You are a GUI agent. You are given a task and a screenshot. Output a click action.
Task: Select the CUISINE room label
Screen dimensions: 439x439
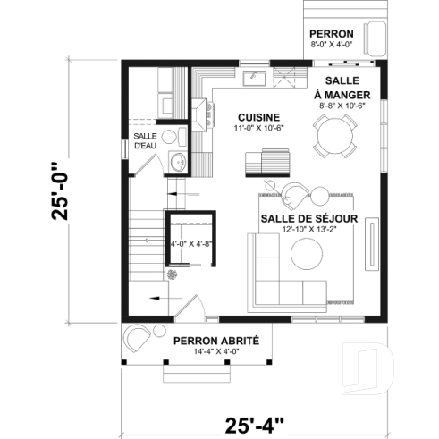(259, 117)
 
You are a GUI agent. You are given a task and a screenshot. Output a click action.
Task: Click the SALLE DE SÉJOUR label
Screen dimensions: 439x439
(309, 218)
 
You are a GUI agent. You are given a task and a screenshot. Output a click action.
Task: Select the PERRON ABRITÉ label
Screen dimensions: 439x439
(216, 341)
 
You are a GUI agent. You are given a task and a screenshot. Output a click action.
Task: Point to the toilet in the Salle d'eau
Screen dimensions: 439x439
(177, 136)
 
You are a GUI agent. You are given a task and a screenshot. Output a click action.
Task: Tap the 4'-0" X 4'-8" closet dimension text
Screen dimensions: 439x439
(189, 242)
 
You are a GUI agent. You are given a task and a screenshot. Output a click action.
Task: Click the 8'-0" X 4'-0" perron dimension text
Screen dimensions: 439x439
(332, 41)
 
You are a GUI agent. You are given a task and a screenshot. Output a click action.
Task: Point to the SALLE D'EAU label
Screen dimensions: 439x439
(145, 140)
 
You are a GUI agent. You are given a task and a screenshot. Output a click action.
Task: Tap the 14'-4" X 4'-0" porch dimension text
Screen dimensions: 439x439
(216, 352)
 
